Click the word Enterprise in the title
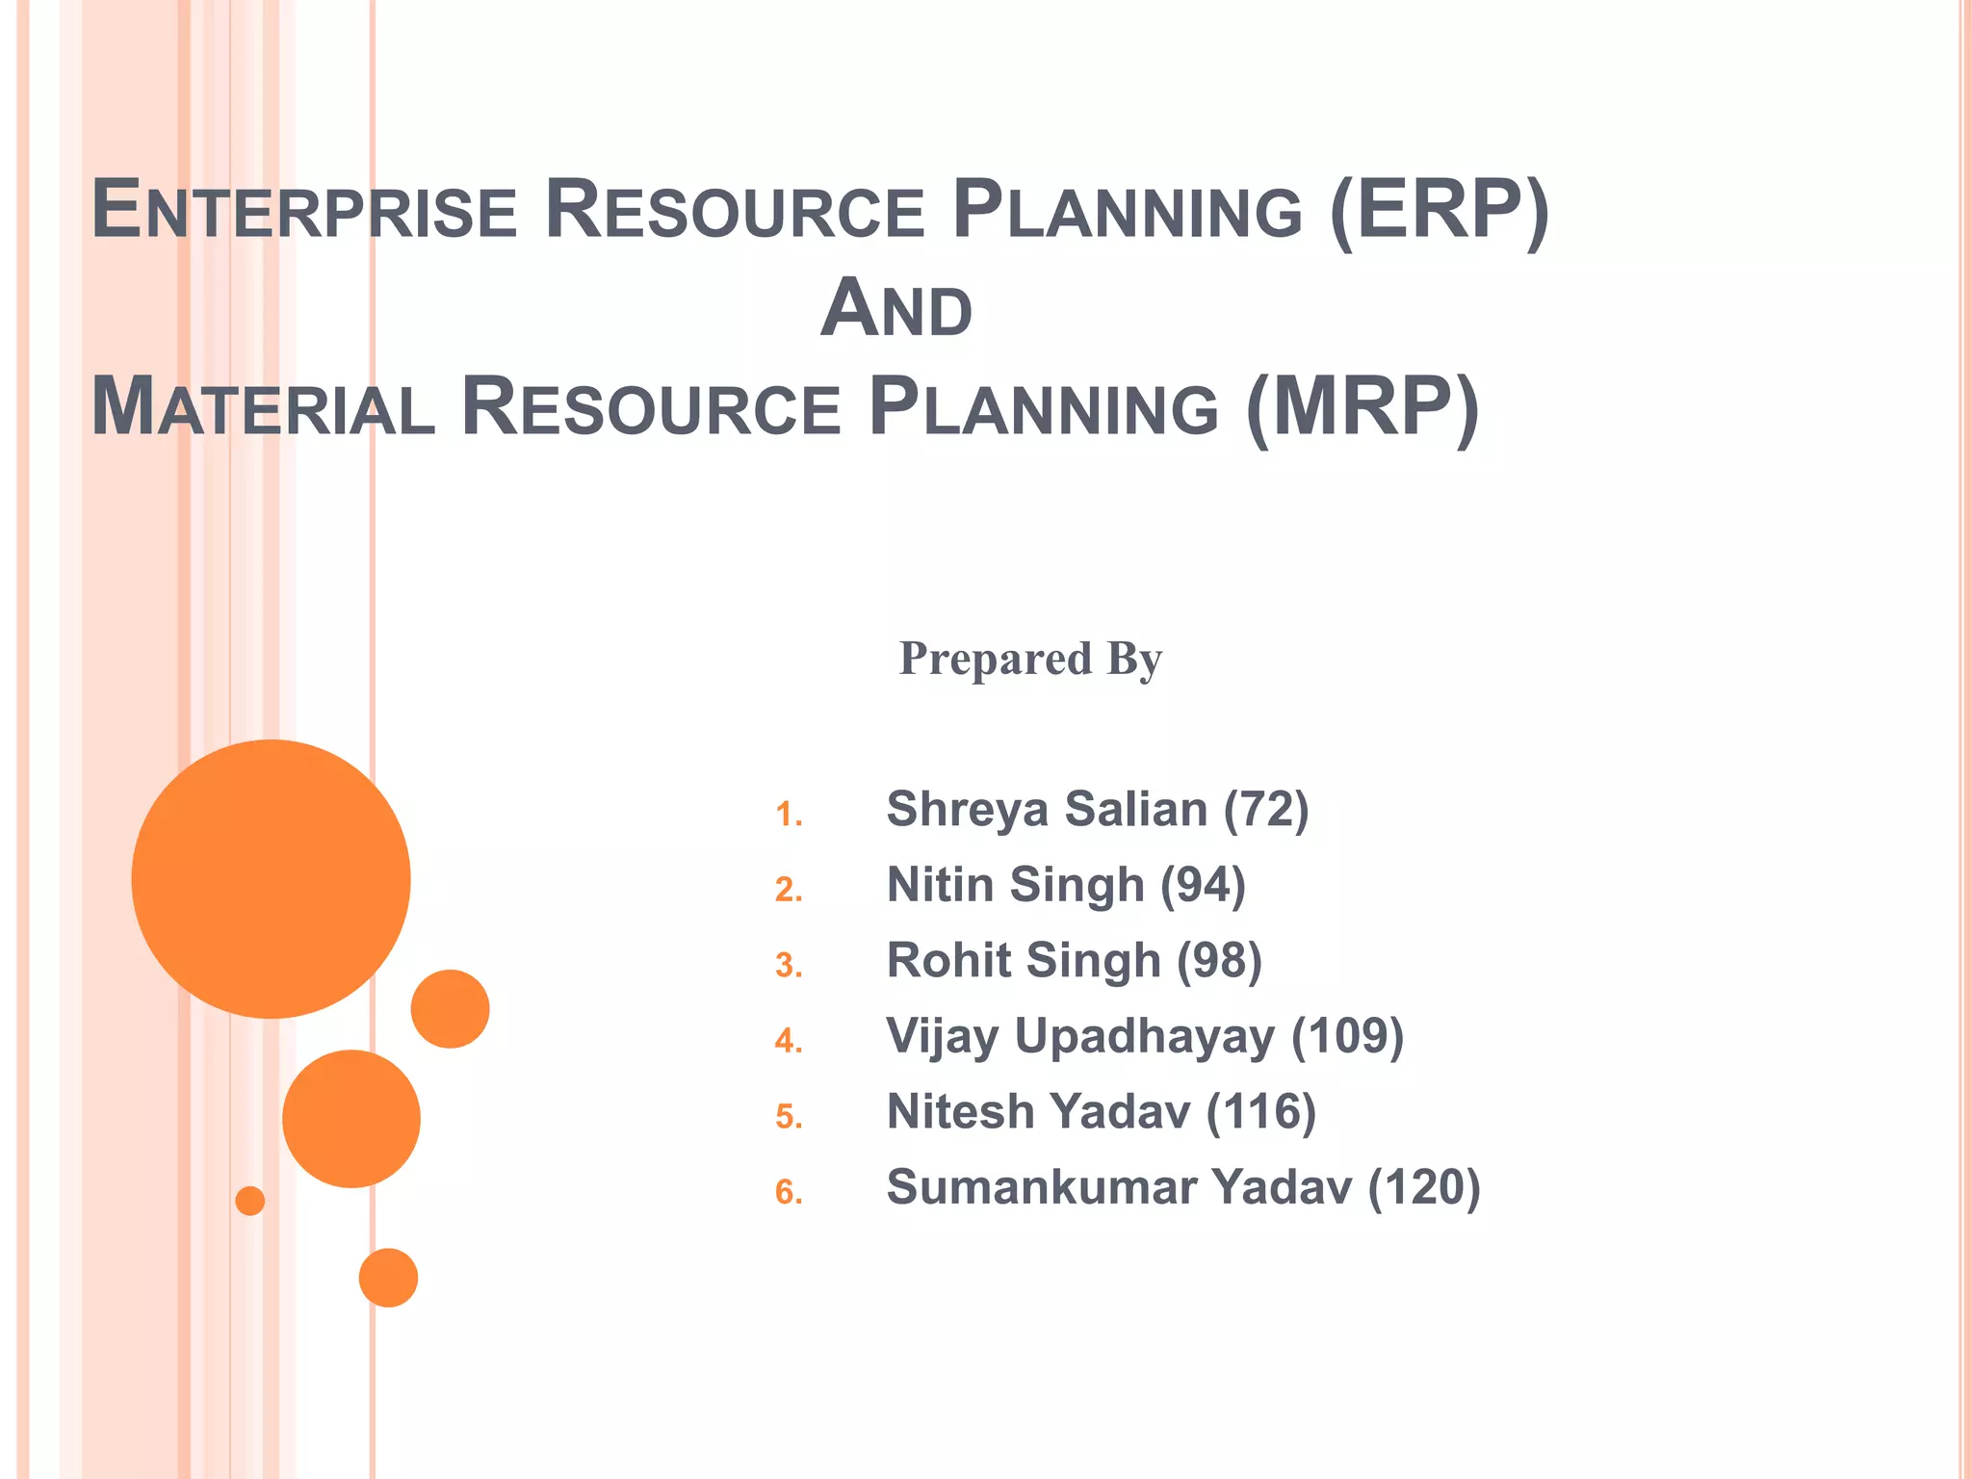[304, 210]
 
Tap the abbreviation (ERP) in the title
[1439, 210]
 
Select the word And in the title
[896, 309]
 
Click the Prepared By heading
[1030, 660]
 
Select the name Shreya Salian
[1046, 809]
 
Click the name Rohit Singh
[1023, 961]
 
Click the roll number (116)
[1260, 1112]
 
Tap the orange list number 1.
[788, 815]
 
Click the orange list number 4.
[788, 1041]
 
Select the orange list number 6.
[788, 1192]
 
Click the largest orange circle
[271, 878]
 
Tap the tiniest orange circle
[249, 1201]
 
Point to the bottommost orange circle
[388, 1278]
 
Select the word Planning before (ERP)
[1127, 210]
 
